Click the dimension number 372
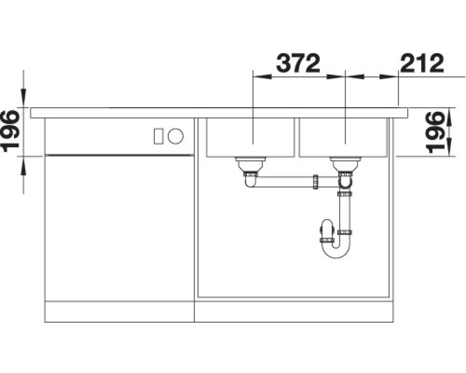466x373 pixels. (x=298, y=63)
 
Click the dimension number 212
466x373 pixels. (x=422, y=63)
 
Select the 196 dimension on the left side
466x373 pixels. (x=10, y=131)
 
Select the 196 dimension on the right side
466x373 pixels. (x=435, y=132)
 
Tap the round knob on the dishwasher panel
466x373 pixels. (x=176, y=136)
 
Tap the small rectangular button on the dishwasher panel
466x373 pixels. (x=158, y=136)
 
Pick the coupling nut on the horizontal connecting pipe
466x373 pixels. (x=316, y=182)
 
